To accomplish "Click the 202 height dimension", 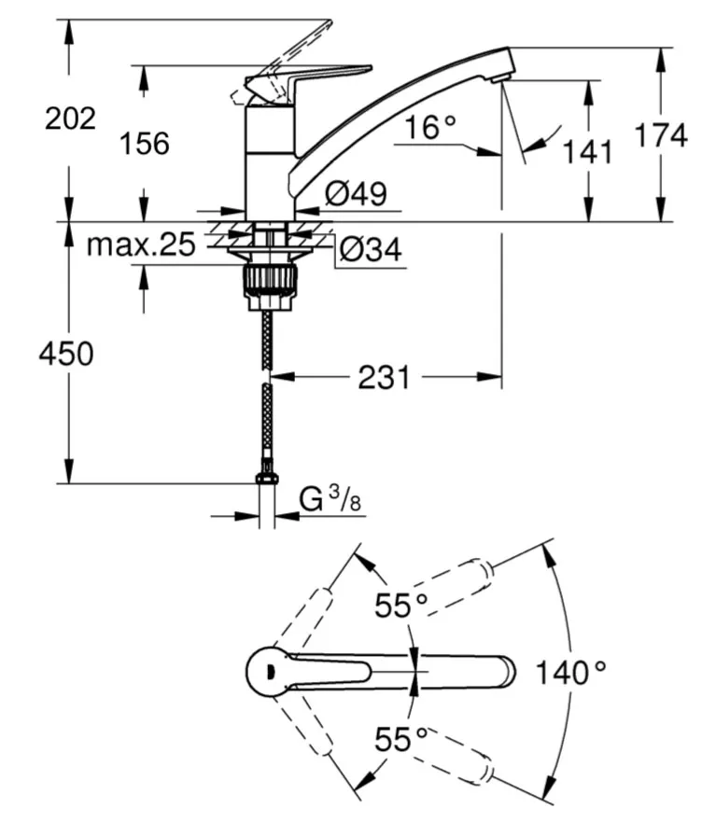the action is pyautogui.click(x=70, y=118).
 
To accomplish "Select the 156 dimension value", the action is pyautogui.click(x=145, y=144).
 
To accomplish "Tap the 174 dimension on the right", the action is pyautogui.click(x=661, y=135).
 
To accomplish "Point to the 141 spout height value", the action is pyautogui.click(x=587, y=152).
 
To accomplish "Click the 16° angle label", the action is pyautogui.click(x=430, y=128).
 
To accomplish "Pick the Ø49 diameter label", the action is pyautogui.click(x=356, y=193).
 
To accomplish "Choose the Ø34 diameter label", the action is pyautogui.click(x=371, y=249).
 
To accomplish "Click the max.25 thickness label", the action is pyautogui.click(x=141, y=244).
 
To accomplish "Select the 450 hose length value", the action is pyautogui.click(x=66, y=354).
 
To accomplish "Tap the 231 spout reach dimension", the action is pyautogui.click(x=385, y=378).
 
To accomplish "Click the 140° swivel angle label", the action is pyautogui.click(x=570, y=673).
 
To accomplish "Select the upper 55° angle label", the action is pyautogui.click(x=401, y=606).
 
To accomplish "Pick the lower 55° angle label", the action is pyautogui.click(x=401, y=739).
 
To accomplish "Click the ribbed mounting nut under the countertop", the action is pyautogui.click(x=271, y=281).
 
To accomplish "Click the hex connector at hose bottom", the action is pyautogui.click(x=266, y=479).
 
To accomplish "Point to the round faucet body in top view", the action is pyautogui.click(x=267, y=672).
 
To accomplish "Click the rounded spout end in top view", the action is pyautogui.click(x=505, y=672).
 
